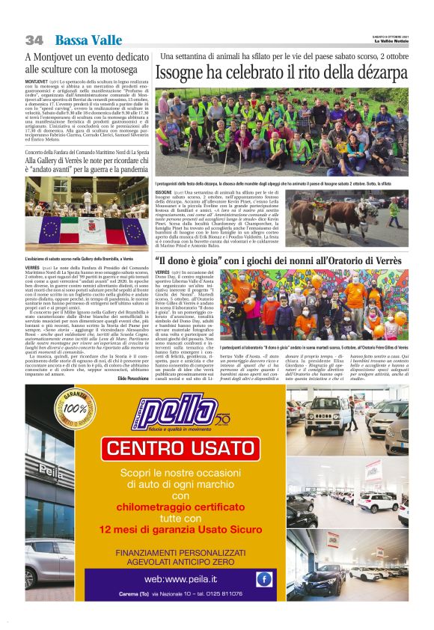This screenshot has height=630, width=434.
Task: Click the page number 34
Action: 34,39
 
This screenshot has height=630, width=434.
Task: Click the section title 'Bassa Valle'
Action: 83,39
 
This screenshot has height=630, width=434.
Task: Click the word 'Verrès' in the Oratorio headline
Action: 385,260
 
